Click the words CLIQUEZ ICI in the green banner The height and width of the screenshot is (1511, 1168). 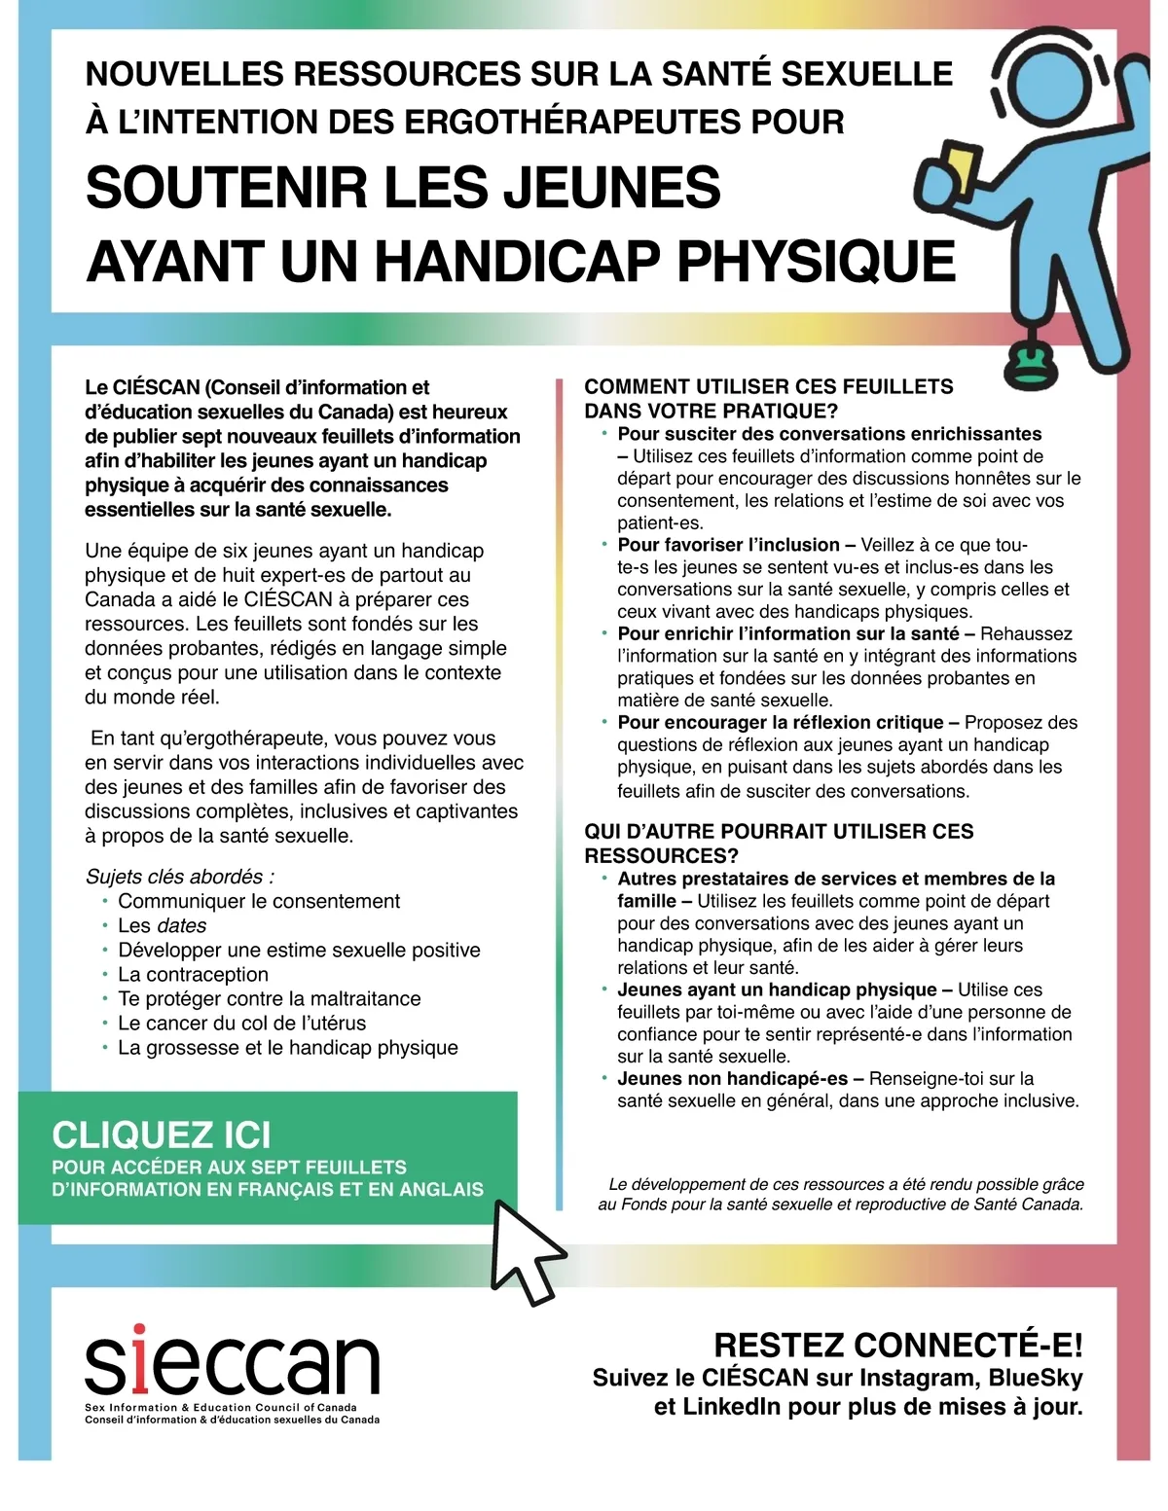point(162,1135)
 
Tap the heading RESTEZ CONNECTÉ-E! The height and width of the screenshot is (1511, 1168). point(897,1346)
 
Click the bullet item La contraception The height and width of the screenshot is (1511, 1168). point(193,974)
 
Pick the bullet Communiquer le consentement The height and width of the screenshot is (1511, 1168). point(259,901)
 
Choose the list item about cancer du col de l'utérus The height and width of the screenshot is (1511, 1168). point(241,1023)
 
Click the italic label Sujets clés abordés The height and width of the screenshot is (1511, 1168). point(179,876)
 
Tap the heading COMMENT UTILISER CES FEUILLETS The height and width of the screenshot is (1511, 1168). point(769,386)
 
